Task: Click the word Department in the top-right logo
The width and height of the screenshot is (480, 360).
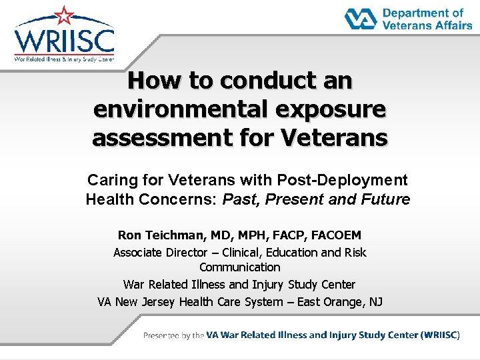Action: pos(423,13)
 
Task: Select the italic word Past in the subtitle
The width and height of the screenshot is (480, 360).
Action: pos(239,199)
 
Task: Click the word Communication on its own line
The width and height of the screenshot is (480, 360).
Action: pos(239,267)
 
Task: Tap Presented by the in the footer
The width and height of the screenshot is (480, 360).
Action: pos(173,335)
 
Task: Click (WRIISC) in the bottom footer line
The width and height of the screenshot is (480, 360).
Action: pos(440,335)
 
